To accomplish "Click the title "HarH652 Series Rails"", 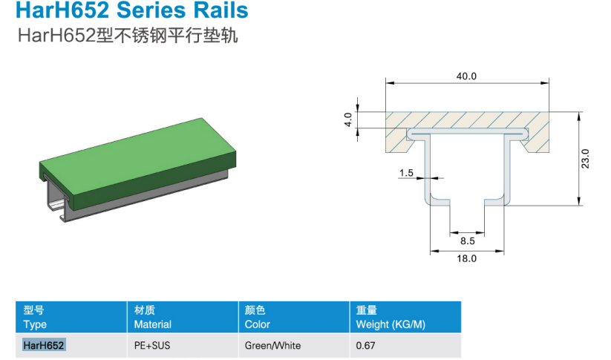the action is (x=131, y=10).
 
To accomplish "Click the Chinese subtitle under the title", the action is (x=128, y=36).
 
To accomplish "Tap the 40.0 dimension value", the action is (x=466, y=76).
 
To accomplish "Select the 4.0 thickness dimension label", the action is (x=348, y=120).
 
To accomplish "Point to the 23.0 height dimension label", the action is (x=585, y=159).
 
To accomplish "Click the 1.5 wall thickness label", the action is (x=406, y=173).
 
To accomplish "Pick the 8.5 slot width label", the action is (x=467, y=240).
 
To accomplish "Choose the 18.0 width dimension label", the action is (x=466, y=258).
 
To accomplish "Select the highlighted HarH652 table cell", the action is (x=43, y=345).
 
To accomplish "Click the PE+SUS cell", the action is (x=152, y=345).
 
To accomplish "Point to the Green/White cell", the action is (x=272, y=345).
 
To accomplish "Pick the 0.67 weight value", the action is (x=365, y=345).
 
